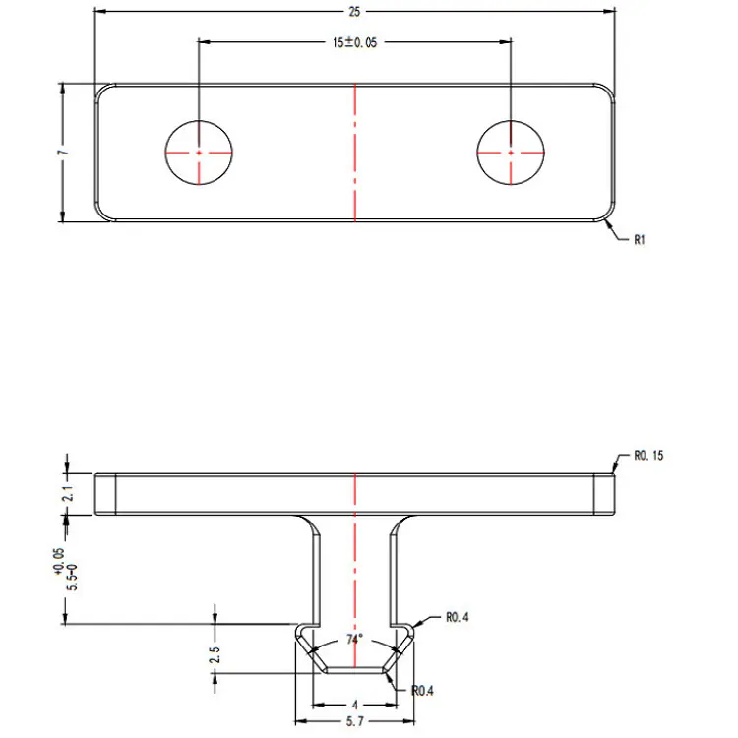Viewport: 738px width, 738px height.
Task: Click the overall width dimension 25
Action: pyautogui.click(x=354, y=11)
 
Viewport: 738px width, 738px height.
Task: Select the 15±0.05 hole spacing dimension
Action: pyautogui.click(x=354, y=42)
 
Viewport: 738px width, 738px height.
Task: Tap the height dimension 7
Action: pyautogui.click(x=63, y=153)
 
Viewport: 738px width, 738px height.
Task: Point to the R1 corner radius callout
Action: pyautogui.click(x=640, y=240)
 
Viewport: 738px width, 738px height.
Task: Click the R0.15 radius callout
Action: pyautogui.click(x=648, y=456)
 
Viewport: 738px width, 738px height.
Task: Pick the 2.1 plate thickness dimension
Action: pyautogui.click(x=67, y=493)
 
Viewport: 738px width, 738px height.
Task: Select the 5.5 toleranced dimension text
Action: pyautogui.click(x=66, y=571)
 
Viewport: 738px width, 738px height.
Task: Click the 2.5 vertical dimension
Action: pyautogui.click(x=215, y=654)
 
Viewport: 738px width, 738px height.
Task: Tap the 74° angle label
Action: pyautogui.click(x=354, y=639)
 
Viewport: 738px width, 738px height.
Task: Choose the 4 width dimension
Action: pyautogui.click(x=355, y=705)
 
